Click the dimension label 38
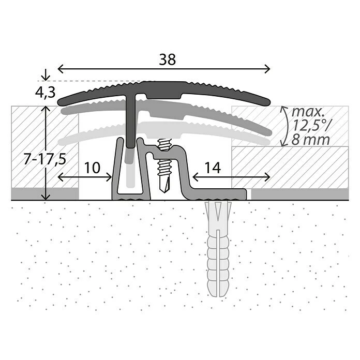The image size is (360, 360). (168, 59)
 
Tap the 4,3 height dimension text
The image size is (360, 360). (45, 92)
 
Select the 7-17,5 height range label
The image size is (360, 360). (45, 159)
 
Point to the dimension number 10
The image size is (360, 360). (92, 168)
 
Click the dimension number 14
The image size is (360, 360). (213, 168)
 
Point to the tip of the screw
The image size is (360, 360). (164, 192)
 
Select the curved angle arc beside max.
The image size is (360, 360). (285, 126)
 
